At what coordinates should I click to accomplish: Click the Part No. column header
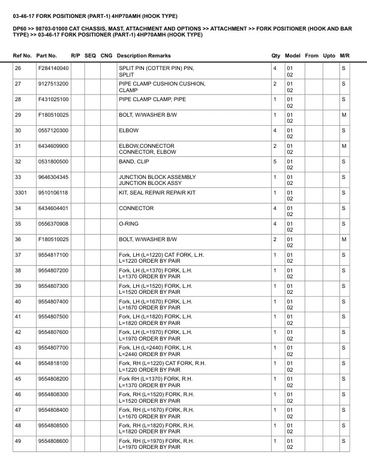tap(47, 56)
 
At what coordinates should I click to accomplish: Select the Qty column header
tap(276, 56)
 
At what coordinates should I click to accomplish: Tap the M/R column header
tap(344, 56)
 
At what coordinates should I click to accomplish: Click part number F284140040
tap(53, 68)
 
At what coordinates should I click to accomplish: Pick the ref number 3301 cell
tap(21, 193)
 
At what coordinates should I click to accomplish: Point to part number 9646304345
tap(53, 177)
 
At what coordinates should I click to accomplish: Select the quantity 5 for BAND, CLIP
tap(275, 162)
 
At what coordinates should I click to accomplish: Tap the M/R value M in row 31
tap(344, 146)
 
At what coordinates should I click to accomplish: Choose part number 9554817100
tap(53, 255)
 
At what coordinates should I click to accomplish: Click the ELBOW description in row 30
tap(129, 130)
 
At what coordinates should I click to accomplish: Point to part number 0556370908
tap(53, 224)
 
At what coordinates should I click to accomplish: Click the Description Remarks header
tap(144, 56)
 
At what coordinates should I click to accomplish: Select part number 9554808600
tap(53, 442)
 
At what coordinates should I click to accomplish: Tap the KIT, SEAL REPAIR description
tap(157, 193)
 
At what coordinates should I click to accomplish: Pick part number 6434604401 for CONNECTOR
tap(53, 208)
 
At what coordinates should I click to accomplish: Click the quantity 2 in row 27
tap(275, 84)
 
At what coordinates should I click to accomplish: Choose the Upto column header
tap(329, 56)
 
